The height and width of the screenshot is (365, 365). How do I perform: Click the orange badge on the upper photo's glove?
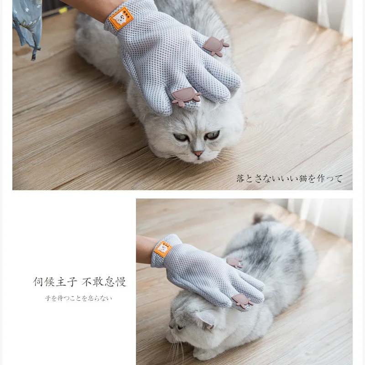click(121, 18)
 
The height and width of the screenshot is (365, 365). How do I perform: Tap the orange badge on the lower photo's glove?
click(163, 249)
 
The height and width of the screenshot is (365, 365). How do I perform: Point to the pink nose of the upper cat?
click(198, 154)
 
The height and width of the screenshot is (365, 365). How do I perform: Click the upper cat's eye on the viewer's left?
click(181, 137)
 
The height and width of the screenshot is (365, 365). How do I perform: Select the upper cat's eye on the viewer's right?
click(212, 135)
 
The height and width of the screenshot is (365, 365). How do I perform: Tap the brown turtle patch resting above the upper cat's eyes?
click(186, 97)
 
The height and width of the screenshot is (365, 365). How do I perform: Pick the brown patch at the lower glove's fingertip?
click(242, 301)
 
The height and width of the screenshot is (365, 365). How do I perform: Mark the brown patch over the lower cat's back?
click(235, 263)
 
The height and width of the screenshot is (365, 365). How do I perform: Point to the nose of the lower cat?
click(169, 326)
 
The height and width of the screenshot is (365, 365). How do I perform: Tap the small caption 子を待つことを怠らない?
click(78, 298)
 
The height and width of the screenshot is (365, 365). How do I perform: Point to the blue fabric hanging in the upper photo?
click(27, 23)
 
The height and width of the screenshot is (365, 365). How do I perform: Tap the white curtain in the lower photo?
click(319, 217)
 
